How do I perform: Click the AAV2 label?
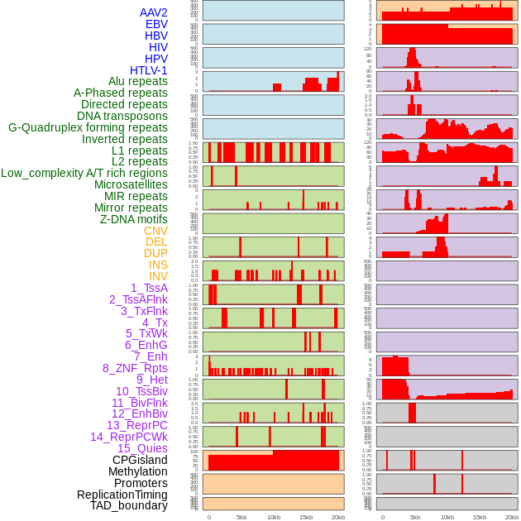tap(154, 12)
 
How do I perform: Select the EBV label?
tap(156, 24)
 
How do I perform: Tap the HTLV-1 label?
tap(149, 70)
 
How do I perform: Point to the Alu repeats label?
tap(138, 81)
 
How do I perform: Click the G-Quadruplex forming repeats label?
tap(88, 127)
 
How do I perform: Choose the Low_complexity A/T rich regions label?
tap(84, 173)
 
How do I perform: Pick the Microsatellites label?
tap(131, 184)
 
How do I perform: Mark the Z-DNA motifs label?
tap(134, 219)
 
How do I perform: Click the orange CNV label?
tap(155, 231)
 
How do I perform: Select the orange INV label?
tap(158, 276)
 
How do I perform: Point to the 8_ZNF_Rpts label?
tap(135, 368)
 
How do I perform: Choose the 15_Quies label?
tap(142, 448)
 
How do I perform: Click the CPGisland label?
tap(140, 460)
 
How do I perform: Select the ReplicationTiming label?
tap(122, 495)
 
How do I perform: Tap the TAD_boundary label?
tap(129, 505)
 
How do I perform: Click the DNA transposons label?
tap(122, 116)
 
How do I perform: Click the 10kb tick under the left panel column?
tap(273, 517)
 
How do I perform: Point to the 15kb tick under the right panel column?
tap(479, 517)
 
